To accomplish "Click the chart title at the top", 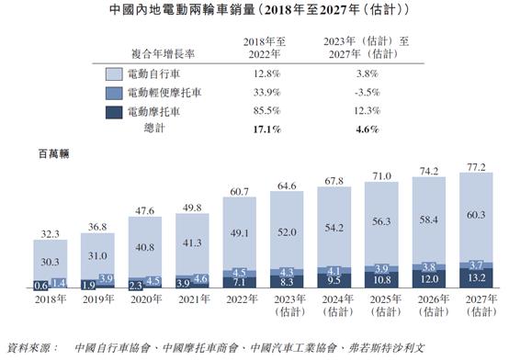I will (254, 12).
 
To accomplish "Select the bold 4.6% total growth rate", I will (366, 131).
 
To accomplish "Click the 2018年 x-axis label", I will (50, 299).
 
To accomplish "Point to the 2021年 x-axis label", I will (194, 299).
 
